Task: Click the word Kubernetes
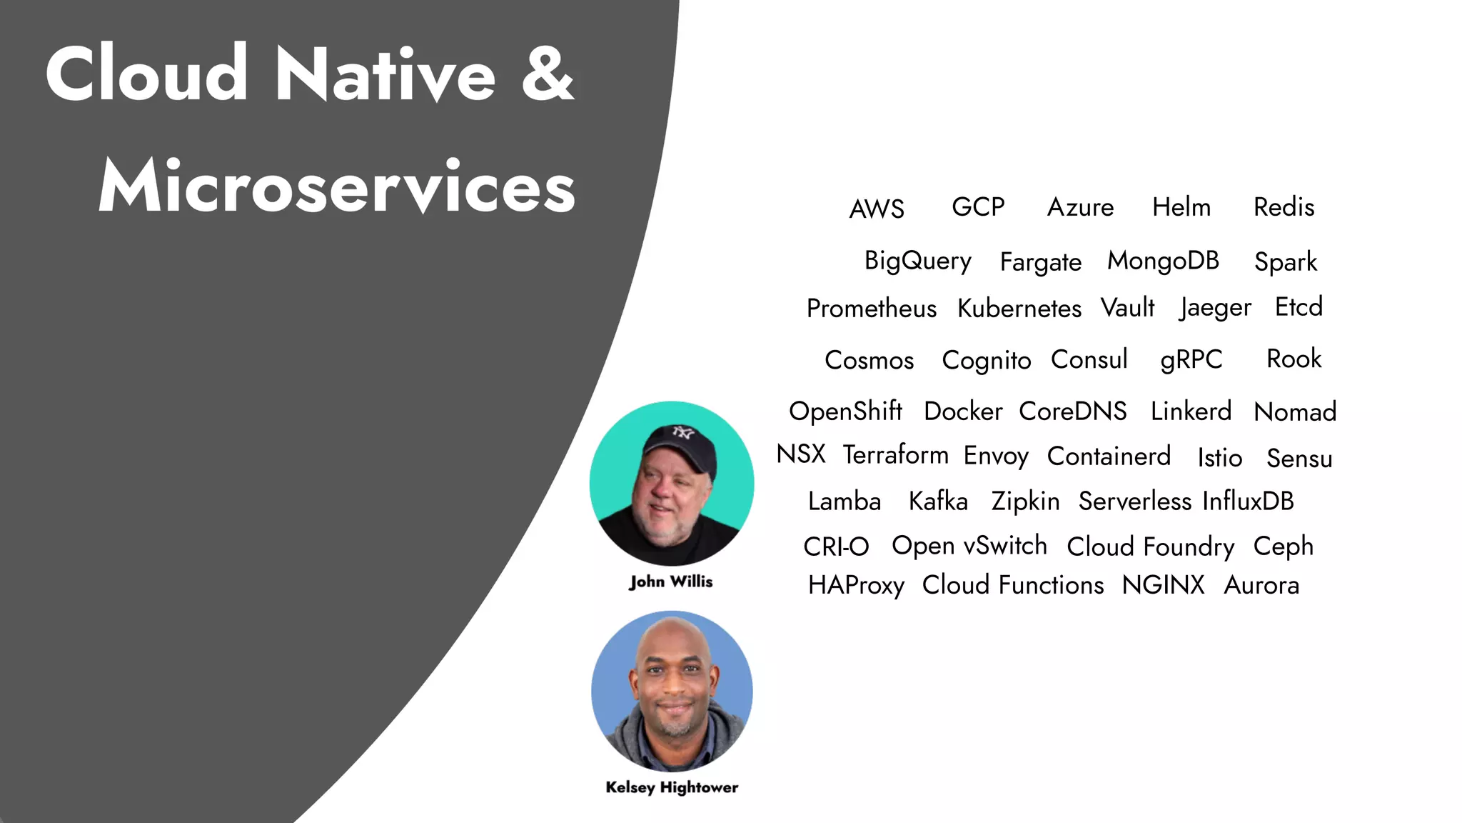pyautogui.click(x=1019, y=309)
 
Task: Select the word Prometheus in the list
pyautogui.click(x=871, y=309)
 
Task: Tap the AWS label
pyautogui.click(x=877, y=209)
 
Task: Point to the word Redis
pyautogui.click(x=1284, y=207)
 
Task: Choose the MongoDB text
pyautogui.click(x=1163, y=261)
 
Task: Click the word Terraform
pyautogui.click(x=895, y=455)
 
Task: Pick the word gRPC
pyautogui.click(x=1191, y=360)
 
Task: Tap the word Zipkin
pyautogui.click(x=1025, y=502)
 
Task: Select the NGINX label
pyautogui.click(x=1163, y=585)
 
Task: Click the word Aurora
pyautogui.click(x=1261, y=585)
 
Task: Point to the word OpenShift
pyautogui.click(x=845, y=411)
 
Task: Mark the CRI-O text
pyautogui.click(x=836, y=547)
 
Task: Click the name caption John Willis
pyautogui.click(x=670, y=582)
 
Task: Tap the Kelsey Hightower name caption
pyautogui.click(x=672, y=787)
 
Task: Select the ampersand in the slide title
pyautogui.click(x=548, y=74)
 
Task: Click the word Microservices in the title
pyautogui.click(x=337, y=186)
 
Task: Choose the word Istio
pyautogui.click(x=1219, y=458)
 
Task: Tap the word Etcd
pyautogui.click(x=1299, y=307)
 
